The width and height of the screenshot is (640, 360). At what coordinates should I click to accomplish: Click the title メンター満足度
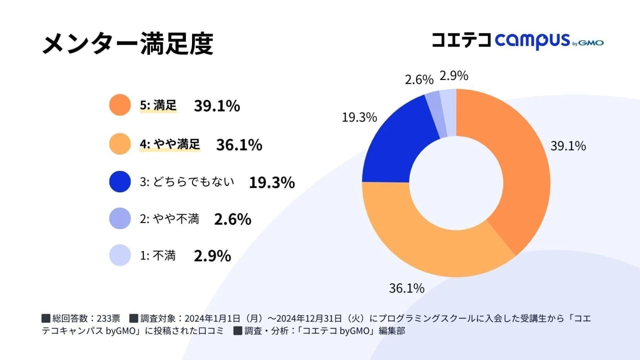tap(128, 44)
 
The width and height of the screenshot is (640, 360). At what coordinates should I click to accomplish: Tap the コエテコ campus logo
tap(517, 41)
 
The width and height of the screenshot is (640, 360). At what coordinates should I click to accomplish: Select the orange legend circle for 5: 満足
tap(120, 105)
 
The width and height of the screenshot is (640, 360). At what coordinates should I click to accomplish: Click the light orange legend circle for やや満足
tap(120, 144)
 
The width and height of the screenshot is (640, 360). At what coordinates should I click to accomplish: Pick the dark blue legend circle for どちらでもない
tap(120, 182)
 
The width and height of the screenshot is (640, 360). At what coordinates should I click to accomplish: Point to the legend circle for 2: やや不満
tap(120, 218)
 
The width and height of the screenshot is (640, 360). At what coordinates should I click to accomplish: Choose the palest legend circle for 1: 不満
tap(120, 255)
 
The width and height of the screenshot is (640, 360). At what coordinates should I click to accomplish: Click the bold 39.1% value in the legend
tap(217, 106)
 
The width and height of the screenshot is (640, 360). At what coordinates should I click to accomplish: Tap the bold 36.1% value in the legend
tap(239, 145)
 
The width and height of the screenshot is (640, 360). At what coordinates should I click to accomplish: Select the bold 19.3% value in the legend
tap(272, 183)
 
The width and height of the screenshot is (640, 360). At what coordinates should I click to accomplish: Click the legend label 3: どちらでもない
tap(187, 182)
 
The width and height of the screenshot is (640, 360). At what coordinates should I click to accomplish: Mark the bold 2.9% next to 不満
tap(212, 256)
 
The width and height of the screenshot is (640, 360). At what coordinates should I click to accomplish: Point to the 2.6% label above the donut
tap(419, 80)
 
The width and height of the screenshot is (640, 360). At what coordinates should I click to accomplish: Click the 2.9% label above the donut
tap(453, 76)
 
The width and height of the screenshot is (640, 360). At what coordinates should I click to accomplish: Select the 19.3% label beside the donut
tap(359, 117)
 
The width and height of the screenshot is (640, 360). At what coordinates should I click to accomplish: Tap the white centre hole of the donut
tap(456, 183)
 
